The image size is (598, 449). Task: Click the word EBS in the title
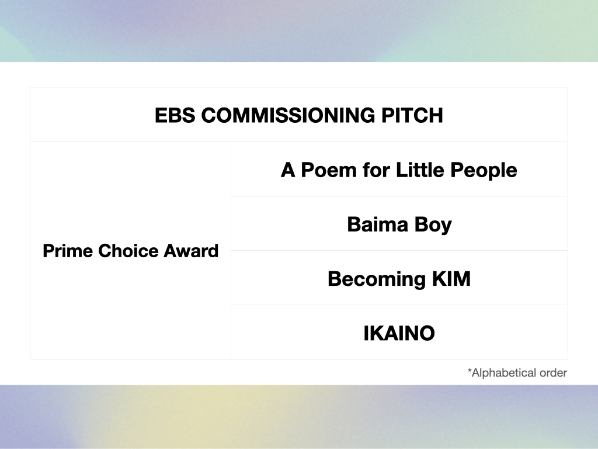click(x=175, y=115)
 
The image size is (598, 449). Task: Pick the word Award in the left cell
click(x=191, y=251)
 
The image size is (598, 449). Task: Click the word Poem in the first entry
click(x=329, y=170)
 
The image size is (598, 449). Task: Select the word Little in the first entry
click(x=420, y=170)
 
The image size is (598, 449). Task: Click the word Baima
click(x=378, y=224)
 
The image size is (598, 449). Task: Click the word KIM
click(x=451, y=279)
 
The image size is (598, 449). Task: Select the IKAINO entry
click(x=399, y=333)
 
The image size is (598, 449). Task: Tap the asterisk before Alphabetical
click(x=470, y=370)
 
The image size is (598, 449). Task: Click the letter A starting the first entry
click(x=288, y=170)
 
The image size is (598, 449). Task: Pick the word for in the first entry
click(x=377, y=170)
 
